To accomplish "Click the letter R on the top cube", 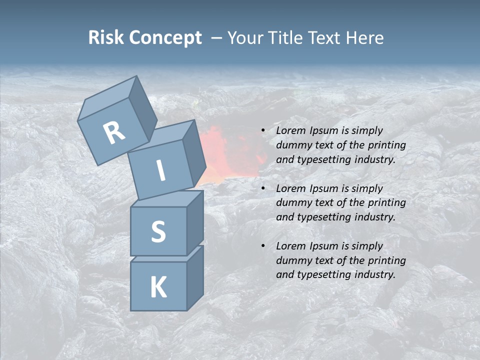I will point(114,132).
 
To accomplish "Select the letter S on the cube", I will point(158,231).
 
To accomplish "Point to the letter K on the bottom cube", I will point(158,287).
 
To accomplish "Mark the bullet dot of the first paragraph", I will point(263,131).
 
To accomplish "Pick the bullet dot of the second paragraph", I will point(263,189).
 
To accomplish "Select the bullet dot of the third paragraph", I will point(263,246).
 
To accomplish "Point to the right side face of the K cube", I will point(195,277).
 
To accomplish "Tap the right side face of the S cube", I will point(195,222).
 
